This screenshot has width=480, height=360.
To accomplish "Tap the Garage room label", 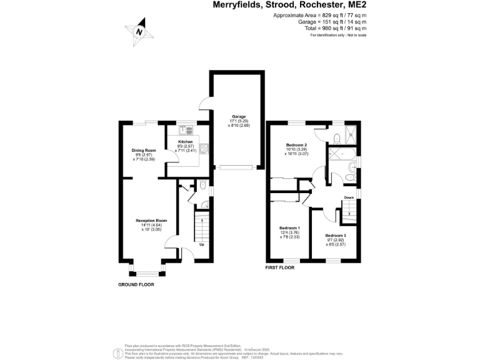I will [238, 117].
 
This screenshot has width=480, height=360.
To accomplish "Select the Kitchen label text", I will [185, 142].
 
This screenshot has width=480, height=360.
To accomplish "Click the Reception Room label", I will [151, 221].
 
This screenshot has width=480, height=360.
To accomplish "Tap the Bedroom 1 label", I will [289, 227].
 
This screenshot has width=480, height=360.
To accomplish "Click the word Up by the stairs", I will [201, 244].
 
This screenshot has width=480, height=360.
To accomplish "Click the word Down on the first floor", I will [349, 198].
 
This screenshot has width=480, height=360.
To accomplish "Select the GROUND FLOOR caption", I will [136, 284].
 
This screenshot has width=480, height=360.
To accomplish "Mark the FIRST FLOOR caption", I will [279, 267].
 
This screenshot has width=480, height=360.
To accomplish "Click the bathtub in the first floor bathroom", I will [341, 154].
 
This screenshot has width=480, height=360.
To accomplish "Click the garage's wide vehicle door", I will [236, 167].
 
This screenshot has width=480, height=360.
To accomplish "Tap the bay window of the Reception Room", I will [148, 271].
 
